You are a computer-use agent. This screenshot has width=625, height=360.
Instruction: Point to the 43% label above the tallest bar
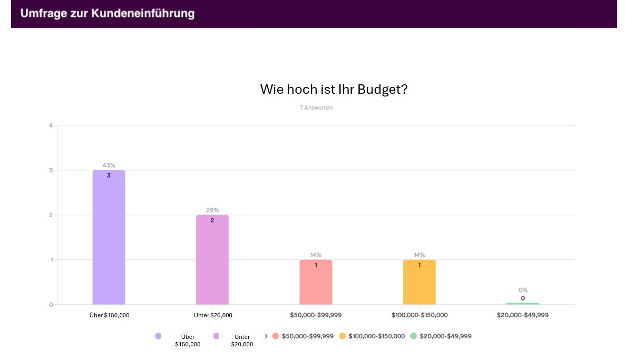(x=109, y=166)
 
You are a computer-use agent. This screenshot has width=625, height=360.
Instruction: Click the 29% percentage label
(x=212, y=210)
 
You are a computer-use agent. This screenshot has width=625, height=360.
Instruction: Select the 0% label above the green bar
(x=523, y=290)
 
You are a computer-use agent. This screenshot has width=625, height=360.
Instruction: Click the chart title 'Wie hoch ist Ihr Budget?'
(x=334, y=90)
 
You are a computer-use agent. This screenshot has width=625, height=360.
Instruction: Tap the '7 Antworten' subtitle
(x=316, y=108)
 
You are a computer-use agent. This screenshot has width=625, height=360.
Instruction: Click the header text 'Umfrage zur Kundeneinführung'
(x=108, y=14)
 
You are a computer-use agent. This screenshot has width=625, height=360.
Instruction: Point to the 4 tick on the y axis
(x=51, y=125)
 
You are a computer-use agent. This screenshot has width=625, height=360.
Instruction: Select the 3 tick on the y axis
(x=51, y=170)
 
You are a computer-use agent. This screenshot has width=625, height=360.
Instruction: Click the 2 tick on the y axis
(x=51, y=215)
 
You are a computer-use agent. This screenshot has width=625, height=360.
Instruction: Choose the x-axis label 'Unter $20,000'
(x=213, y=315)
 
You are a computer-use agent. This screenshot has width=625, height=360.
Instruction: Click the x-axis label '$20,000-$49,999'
(x=523, y=315)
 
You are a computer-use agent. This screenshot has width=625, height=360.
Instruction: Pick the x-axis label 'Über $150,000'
(x=109, y=315)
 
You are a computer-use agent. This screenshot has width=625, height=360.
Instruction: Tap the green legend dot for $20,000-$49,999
(x=413, y=336)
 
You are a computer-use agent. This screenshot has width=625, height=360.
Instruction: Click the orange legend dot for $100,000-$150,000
(x=342, y=336)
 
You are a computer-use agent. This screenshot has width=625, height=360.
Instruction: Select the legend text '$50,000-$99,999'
(x=308, y=336)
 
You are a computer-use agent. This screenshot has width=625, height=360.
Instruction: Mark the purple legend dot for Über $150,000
(x=158, y=336)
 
